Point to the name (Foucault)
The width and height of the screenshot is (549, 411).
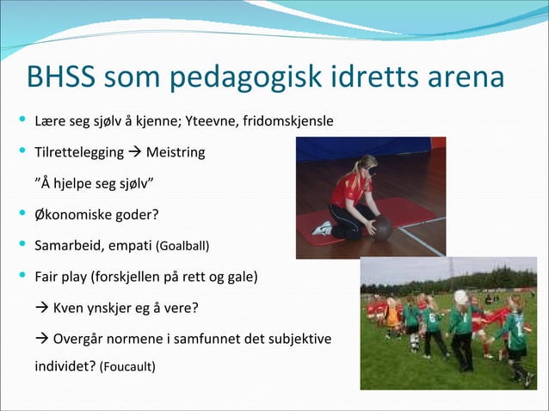[127, 367]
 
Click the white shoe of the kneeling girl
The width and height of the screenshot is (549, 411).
[323, 228]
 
